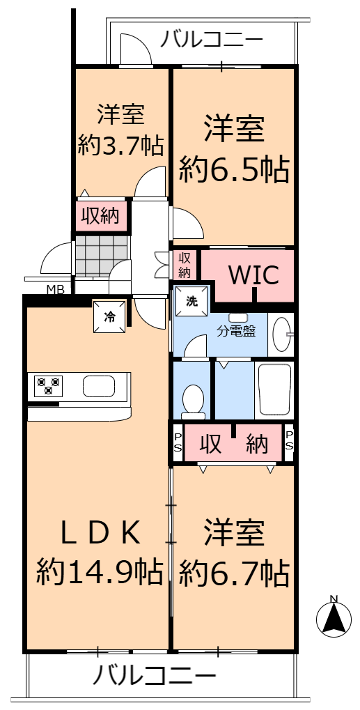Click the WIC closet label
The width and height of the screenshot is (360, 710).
(253, 275)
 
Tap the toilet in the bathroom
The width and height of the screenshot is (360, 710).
(194, 399)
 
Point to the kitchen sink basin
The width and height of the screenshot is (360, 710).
(99, 386)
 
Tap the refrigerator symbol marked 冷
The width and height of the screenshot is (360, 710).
(109, 316)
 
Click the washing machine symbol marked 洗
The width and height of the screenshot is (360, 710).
(192, 302)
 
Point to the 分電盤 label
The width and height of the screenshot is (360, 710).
(237, 331)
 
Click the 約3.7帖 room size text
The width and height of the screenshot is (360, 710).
(120, 145)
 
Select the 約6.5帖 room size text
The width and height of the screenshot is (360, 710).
(234, 169)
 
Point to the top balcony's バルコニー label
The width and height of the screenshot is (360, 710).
(212, 39)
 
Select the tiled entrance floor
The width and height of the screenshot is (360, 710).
(102, 255)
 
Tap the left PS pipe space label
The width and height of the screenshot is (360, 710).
(178, 442)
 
